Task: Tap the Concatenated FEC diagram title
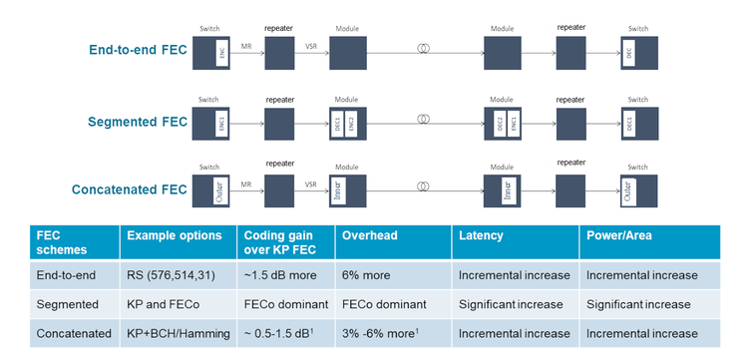[x=129, y=188]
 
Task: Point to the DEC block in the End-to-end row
[x=628, y=54]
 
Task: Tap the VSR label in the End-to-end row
[x=311, y=47]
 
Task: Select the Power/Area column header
[x=618, y=235]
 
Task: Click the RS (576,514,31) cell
[x=170, y=273]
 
